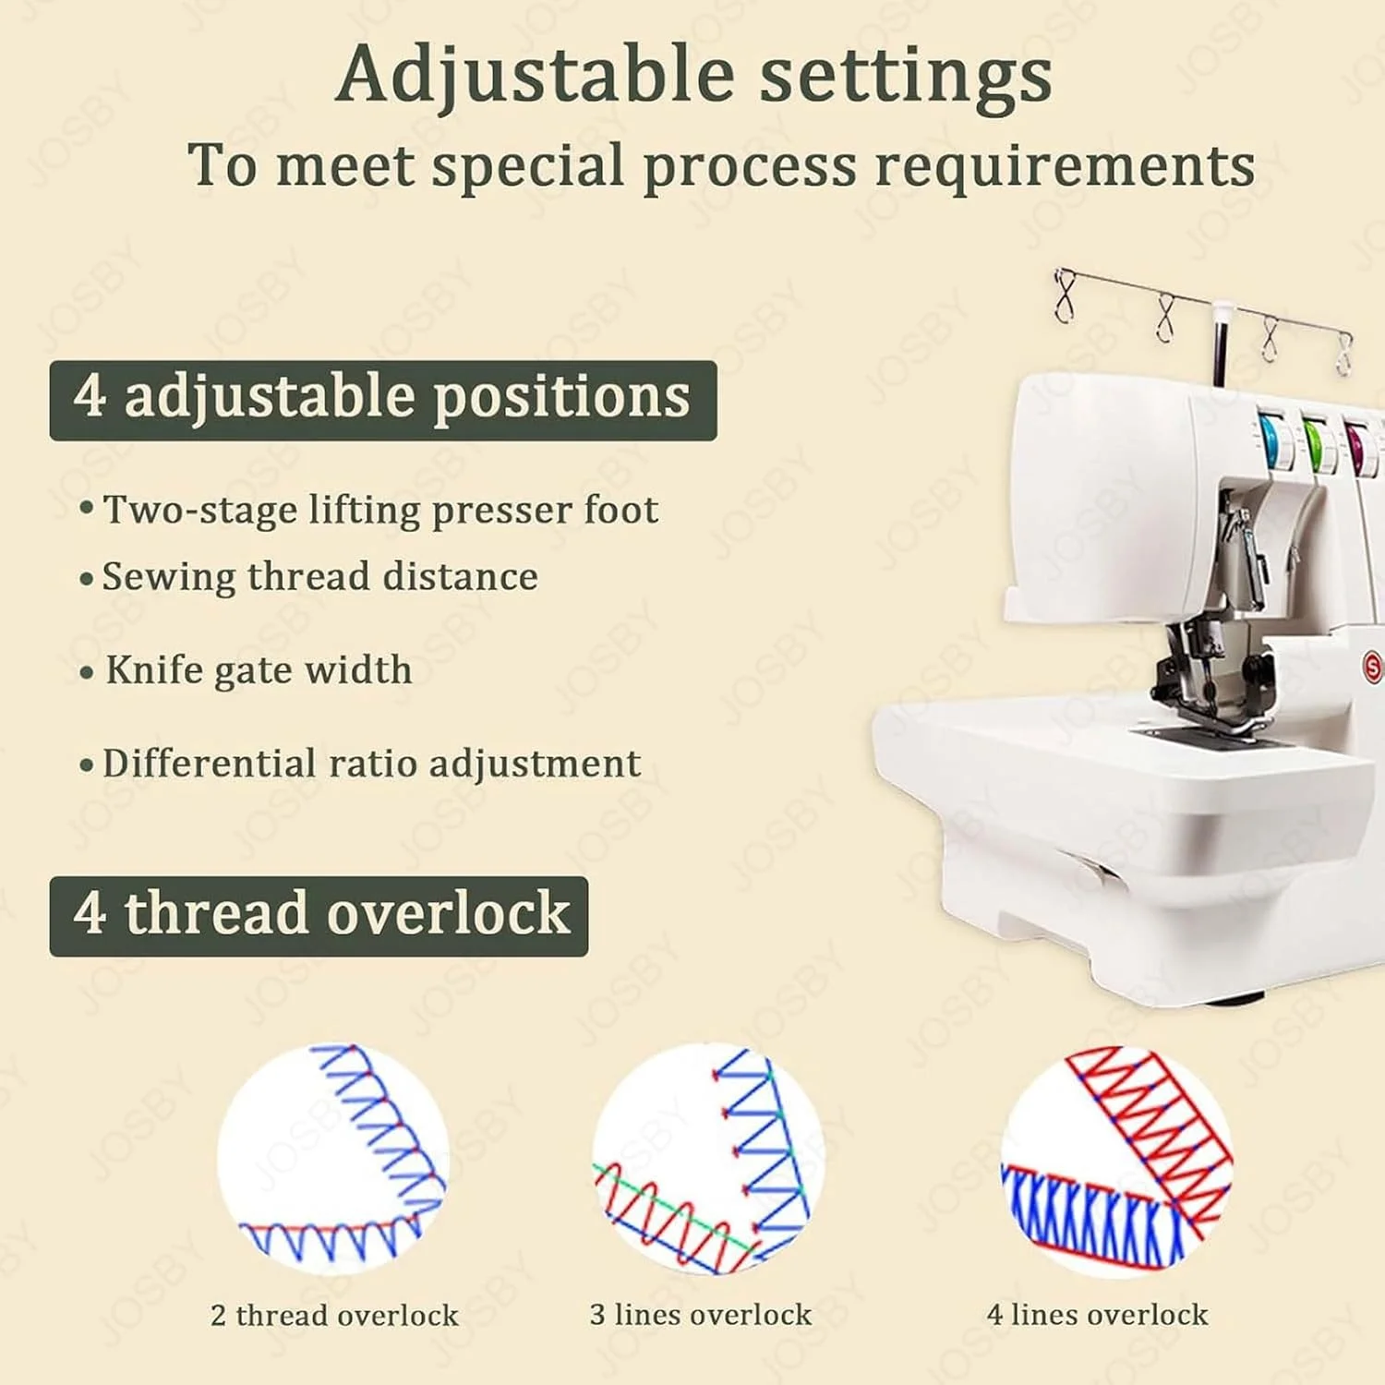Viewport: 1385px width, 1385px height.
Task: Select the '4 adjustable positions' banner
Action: tap(383, 400)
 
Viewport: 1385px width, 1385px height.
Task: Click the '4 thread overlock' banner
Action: tap(319, 916)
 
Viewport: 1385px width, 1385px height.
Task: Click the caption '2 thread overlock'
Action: tap(334, 1315)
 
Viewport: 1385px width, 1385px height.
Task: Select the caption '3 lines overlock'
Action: tap(701, 1314)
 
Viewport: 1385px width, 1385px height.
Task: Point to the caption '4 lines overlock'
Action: tap(1097, 1314)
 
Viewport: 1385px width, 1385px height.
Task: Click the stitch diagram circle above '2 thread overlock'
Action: tap(333, 1160)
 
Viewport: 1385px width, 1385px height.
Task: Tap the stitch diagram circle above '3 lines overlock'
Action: tap(708, 1160)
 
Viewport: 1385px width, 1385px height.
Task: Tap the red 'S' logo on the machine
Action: tap(1373, 667)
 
